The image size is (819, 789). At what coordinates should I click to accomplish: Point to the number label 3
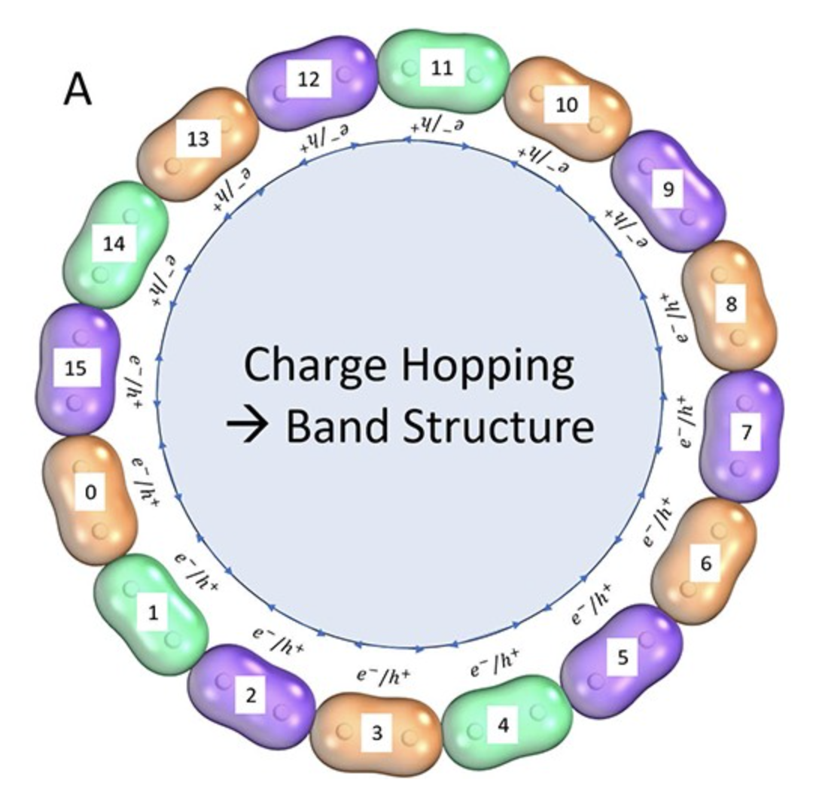pos(377,732)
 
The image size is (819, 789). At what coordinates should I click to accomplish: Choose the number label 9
pos(667,189)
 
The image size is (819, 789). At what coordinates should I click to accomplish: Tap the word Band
pos(336,428)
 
